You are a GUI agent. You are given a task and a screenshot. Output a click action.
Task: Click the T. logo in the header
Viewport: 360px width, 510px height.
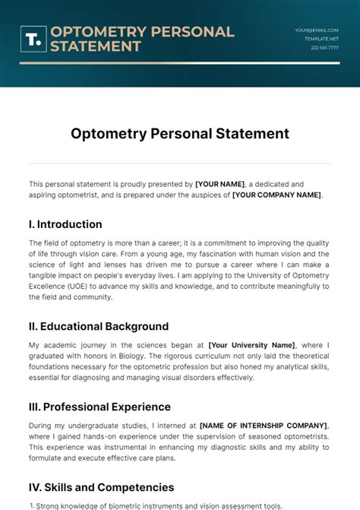pyautogui.click(x=34, y=40)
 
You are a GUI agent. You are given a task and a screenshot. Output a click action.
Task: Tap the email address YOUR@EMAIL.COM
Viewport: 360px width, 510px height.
pyautogui.click(x=317, y=30)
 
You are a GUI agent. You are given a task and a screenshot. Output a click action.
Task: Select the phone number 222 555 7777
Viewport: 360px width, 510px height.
pyautogui.click(x=324, y=47)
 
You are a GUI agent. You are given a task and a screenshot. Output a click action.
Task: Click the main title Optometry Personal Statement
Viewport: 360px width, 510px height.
pyautogui.click(x=180, y=133)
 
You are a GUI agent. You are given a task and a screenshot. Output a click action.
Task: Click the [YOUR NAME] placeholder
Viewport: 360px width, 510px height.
pyautogui.click(x=220, y=184)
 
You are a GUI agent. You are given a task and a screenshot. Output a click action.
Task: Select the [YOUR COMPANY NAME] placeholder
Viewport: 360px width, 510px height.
pyautogui.click(x=276, y=195)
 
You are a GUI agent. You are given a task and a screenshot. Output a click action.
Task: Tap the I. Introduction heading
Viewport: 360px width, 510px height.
pyautogui.click(x=65, y=224)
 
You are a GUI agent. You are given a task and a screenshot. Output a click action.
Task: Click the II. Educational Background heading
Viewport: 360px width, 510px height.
pyautogui.click(x=99, y=326)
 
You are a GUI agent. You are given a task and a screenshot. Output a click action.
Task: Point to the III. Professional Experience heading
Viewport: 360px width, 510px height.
pyautogui.click(x=99, y=407)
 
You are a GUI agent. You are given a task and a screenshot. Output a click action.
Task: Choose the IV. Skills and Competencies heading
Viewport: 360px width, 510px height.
pyautogui.click(x=101, y=487)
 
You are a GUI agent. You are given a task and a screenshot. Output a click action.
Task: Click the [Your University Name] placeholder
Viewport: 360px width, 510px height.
pyautogui.click(x=252, y=345)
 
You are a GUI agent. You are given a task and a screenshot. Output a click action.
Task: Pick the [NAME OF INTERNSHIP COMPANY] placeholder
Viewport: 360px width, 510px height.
pyautogui.click(x=264, y=426)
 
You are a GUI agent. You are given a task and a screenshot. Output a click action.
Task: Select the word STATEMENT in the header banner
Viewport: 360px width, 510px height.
pyautogui.click(x=96, y=46)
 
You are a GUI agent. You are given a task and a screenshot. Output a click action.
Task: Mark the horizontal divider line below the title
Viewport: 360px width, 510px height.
pyautogui.click(x=180, y=163)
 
